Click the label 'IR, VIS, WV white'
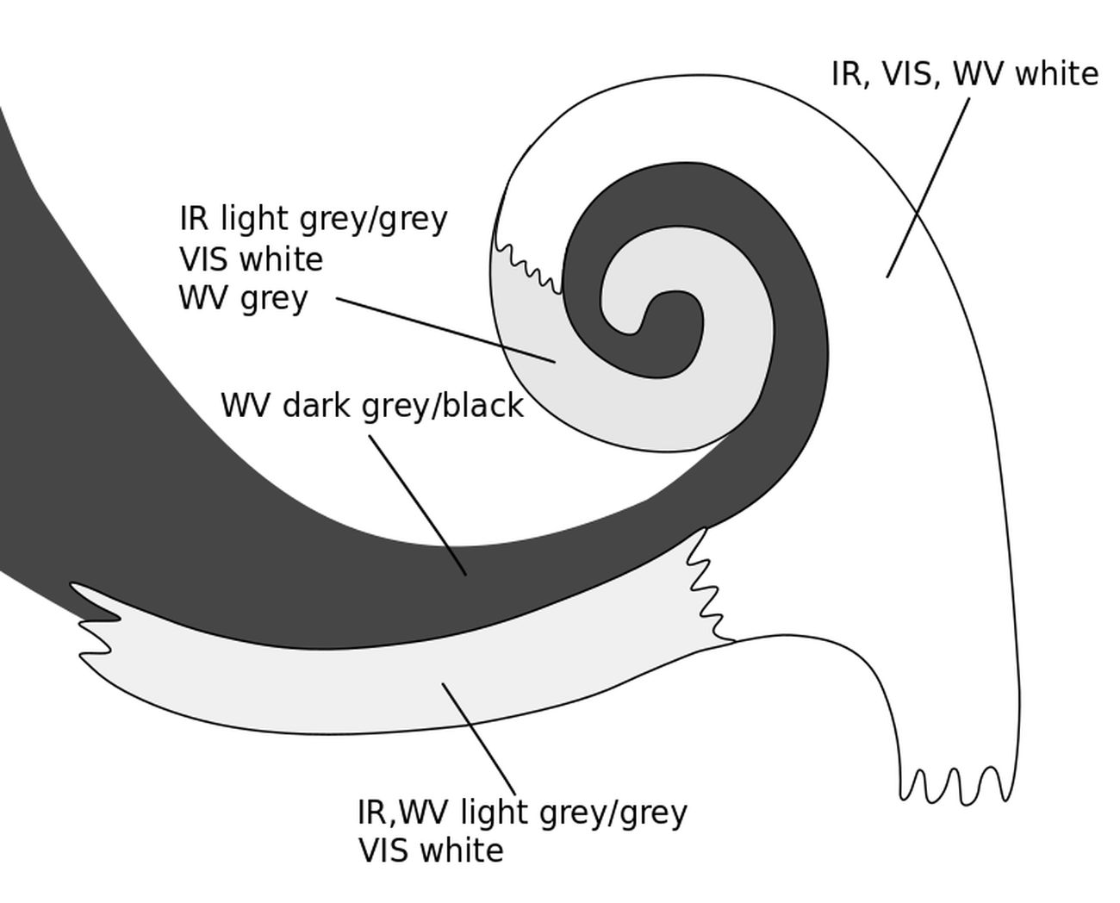point(964,74)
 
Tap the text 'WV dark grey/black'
point(372,405)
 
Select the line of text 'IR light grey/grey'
point(314,219)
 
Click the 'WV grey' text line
point(243,298)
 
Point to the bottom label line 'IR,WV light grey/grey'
point(522,812)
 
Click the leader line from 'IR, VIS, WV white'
point(928,187)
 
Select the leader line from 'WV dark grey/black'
point(418,505)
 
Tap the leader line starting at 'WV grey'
point(445,330)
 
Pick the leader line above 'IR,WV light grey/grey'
point(479,739)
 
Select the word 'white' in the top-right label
point(1057,74)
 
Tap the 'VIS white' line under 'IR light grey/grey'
point(252,259)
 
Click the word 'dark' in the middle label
point(302,405)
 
